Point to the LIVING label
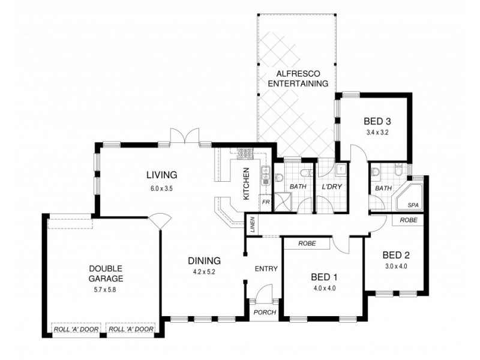[x=161, y=175]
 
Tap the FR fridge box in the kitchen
[x=265, y=202]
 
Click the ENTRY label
[x=266, y=268]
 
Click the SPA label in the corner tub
[x=413, y=205]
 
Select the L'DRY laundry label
[x=331, y=187]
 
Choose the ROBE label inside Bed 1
[x=306, y=244]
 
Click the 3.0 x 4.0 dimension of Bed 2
[x=396, y=266]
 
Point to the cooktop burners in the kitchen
[x=245, y=154]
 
